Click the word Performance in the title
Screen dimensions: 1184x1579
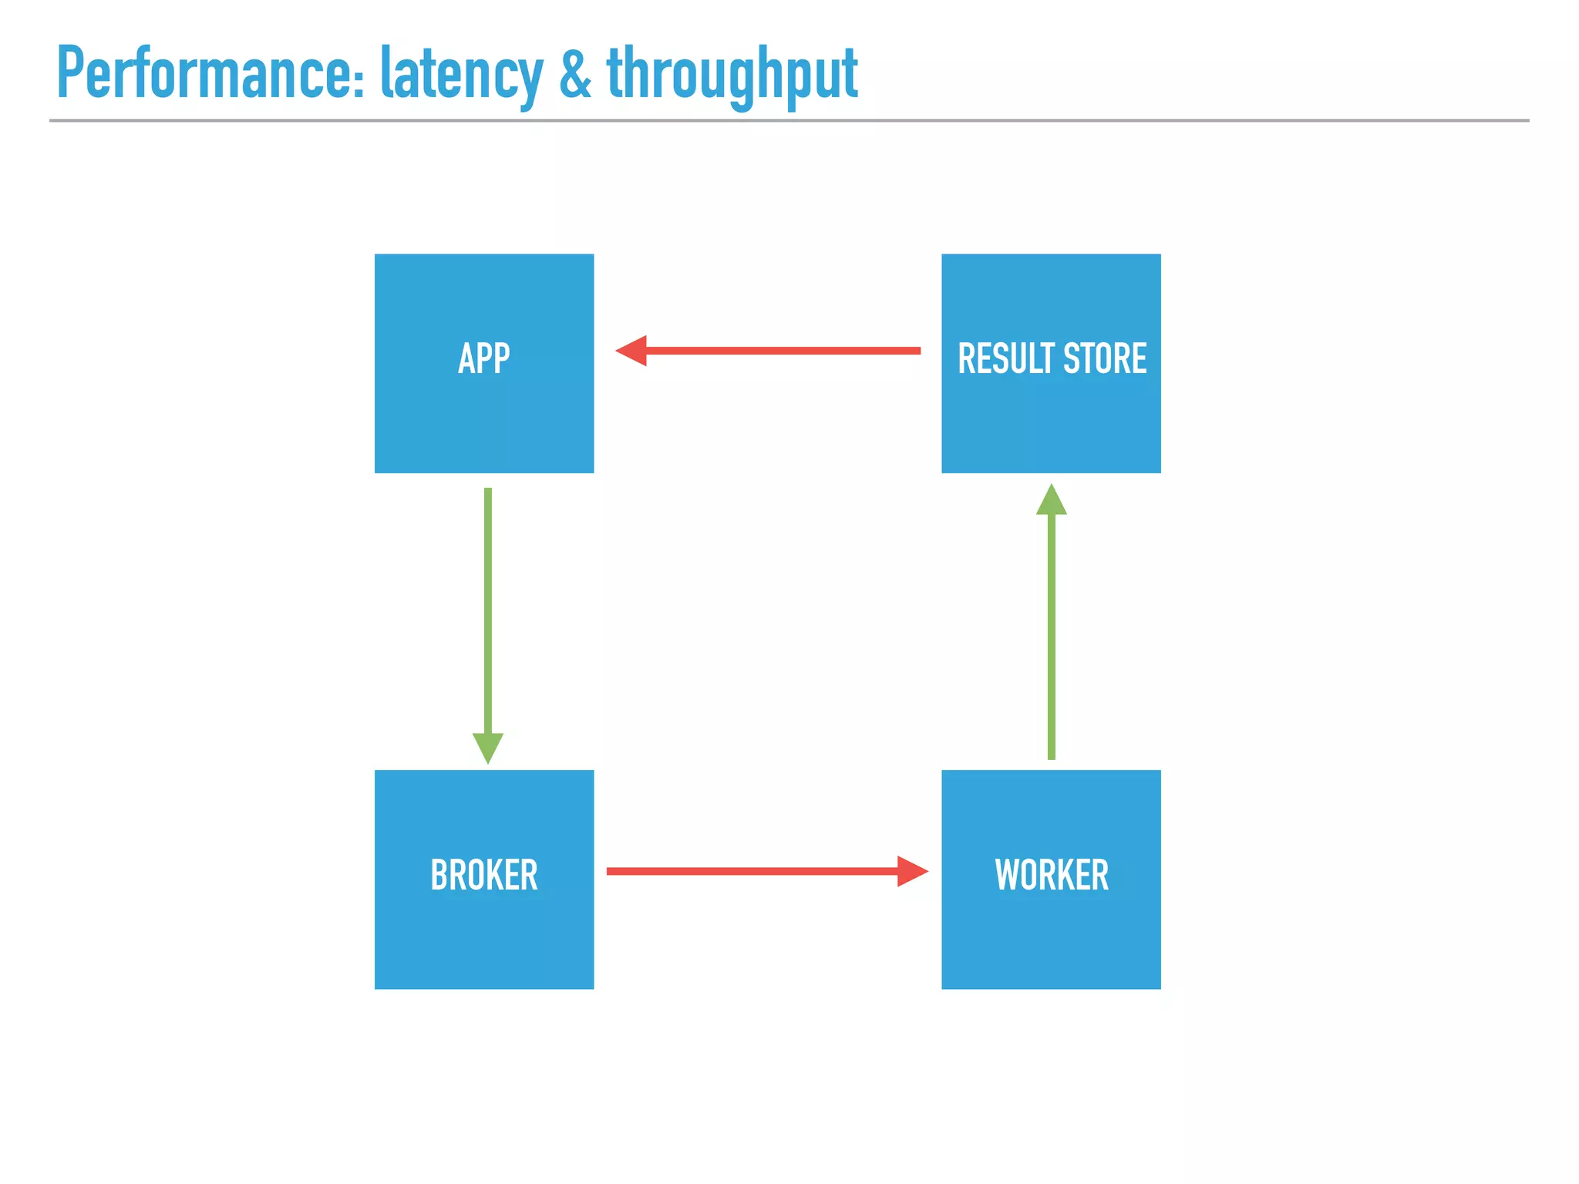204,73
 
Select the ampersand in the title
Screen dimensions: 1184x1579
575,73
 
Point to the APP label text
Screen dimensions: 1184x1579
483,358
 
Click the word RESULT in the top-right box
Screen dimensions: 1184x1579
1005,358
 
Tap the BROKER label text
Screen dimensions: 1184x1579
483,875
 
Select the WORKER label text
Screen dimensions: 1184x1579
1051,875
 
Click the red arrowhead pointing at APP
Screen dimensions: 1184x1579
632,351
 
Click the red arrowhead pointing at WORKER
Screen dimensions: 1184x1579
911,871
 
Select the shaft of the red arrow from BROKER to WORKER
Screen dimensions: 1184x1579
752,871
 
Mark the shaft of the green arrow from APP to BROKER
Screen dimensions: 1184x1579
487,609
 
